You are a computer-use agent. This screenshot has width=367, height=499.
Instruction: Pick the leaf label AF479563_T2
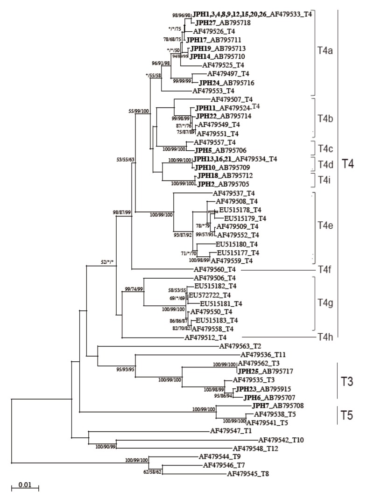240,346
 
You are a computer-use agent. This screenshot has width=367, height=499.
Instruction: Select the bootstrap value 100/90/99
105,447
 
